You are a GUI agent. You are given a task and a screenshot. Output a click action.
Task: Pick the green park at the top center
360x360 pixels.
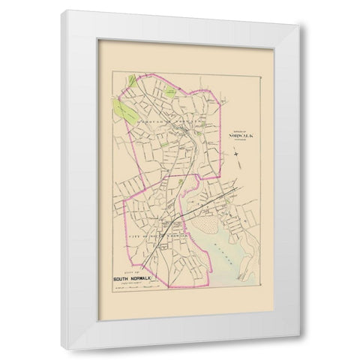pos(170,91)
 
